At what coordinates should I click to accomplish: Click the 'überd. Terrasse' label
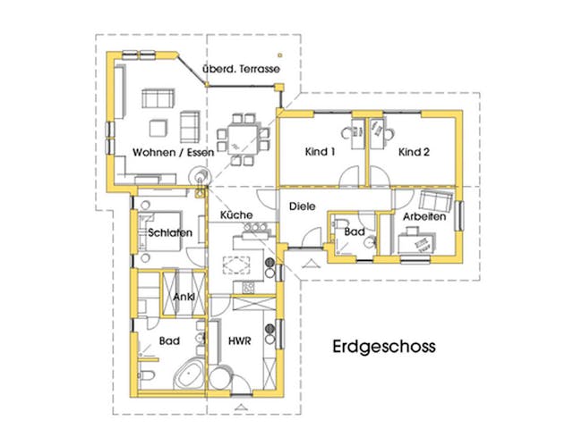pos(241,69)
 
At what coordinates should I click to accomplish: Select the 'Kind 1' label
pos(320,152)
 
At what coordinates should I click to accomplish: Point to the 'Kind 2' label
pos(415,152)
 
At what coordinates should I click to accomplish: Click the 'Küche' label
pos(235,215)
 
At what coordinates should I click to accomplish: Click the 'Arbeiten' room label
pos(423,216)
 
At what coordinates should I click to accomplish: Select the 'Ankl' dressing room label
pos(184,299)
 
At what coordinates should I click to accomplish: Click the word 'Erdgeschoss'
pos(383,346)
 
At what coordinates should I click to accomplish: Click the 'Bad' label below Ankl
pos(169,341)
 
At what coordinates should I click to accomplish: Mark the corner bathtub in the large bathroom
pos(190,374)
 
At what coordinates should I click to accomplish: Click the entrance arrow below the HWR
pos(237,406)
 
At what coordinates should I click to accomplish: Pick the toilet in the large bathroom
pos(150,376)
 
